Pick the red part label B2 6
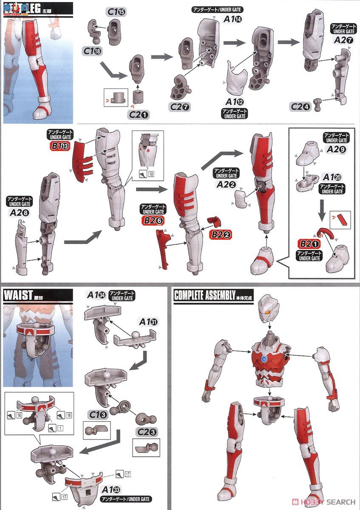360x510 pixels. tap(153, 220)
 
